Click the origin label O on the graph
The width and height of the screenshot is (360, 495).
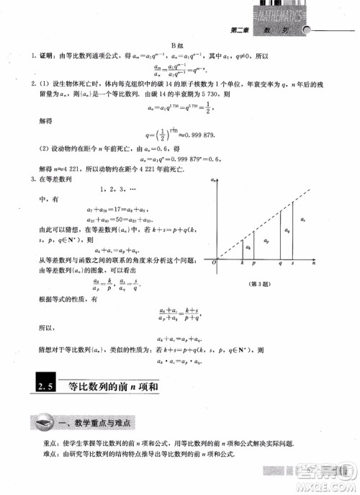213,265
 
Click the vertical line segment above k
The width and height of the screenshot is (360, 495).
243,247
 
